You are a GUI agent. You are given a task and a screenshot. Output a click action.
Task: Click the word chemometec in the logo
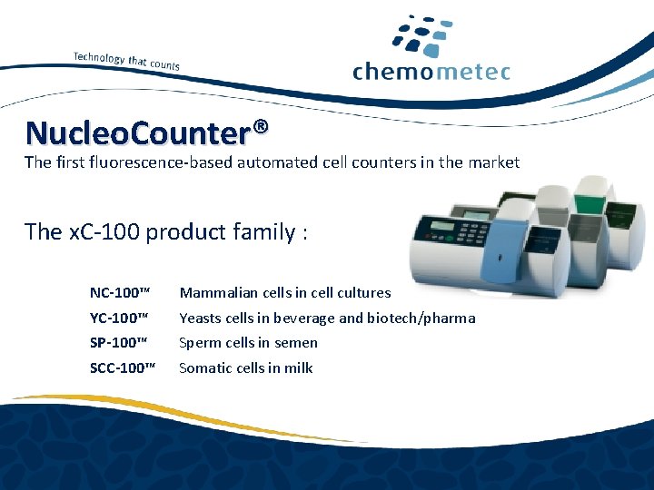click(x=431, y=72)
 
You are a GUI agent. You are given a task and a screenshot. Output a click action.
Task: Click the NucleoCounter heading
click(x=137, y=133)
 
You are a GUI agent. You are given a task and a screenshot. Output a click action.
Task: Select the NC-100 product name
click(x=119, y=293)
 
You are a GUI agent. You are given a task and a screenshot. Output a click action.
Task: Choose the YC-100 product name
click(x=119, y=318)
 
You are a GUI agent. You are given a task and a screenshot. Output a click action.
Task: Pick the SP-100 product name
click(x=118, y=343)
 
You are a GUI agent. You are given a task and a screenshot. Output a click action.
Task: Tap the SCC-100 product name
click(x=123, y=368)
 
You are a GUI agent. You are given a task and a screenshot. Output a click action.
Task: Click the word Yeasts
click(x=200, y=318)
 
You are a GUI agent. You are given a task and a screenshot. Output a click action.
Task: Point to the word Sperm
click(x=199, y=344)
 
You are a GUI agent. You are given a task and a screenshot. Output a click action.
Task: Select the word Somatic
click(x=204, y=368)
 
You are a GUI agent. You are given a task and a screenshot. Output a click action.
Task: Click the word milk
click(x=298, y=368)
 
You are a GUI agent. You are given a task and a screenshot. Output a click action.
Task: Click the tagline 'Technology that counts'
click(x=126, y=60)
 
